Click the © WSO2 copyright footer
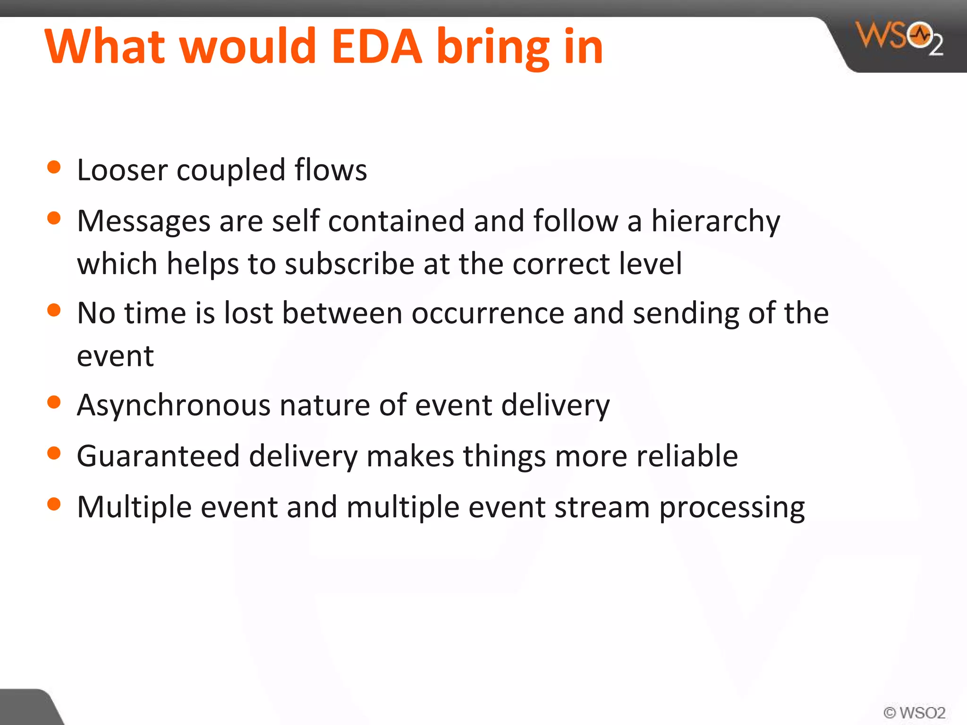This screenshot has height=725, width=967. pyautogui.click(x=914, y=712)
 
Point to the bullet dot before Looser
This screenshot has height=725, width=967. pyautogui.click(x=54, y=168)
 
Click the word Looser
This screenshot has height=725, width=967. pyautogui.click(x=122, y=170)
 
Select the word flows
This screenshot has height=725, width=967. pyautogui.click(x=331, y=169)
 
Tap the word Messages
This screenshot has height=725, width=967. pyautogui.click(x=144, y=221)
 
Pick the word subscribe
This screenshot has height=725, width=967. pyautogui.click(x=349, y=264)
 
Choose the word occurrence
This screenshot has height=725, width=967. pyautogui.click(x=488, y=313)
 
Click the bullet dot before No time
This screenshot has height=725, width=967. pyautogui.click(x=54, y=311)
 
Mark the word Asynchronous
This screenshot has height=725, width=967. pyautogui.click(x=174, y=405)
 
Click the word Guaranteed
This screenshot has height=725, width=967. pyautogui.click(x=158, y=456)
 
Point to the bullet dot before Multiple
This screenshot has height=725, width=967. pyautogui.click(x=54, y=504)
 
